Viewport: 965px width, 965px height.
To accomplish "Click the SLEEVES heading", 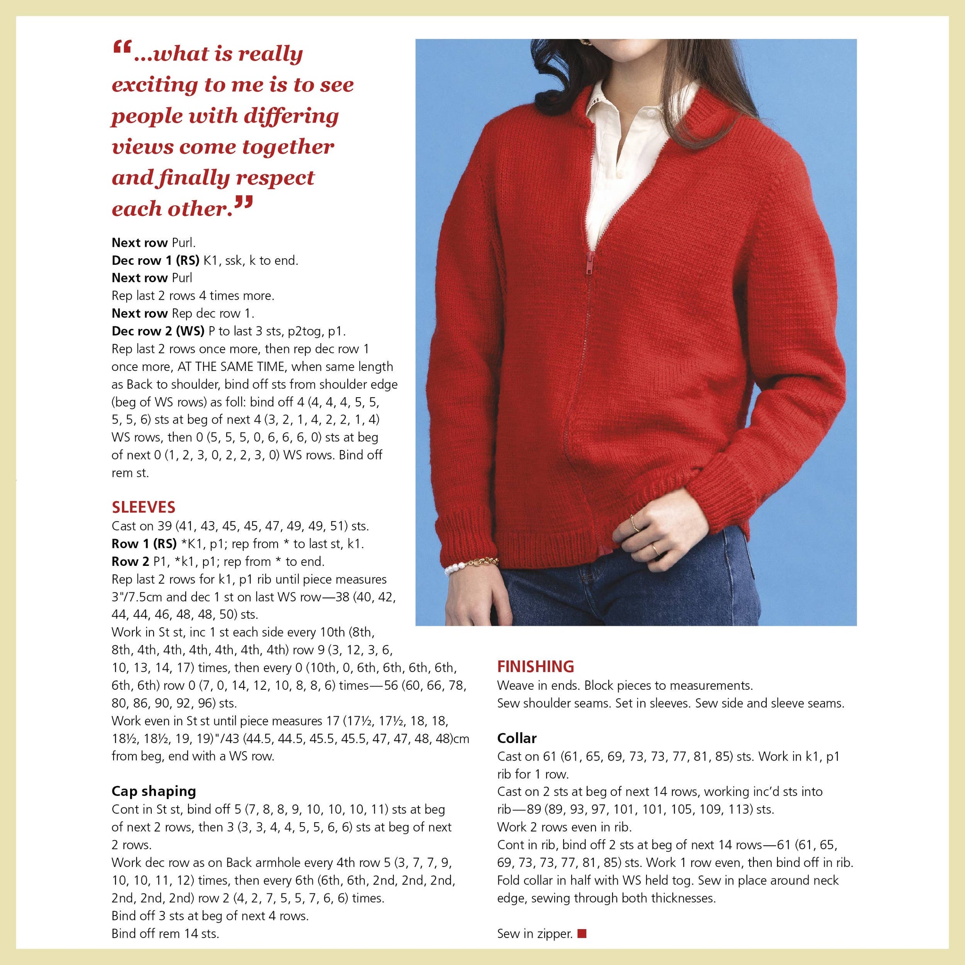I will tap(143, 507).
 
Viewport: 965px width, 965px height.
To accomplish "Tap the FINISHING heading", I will tap(535, 667).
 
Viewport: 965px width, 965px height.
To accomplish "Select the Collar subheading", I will tap(516, 738).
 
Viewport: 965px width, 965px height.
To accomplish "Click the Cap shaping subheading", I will tap(153, 791).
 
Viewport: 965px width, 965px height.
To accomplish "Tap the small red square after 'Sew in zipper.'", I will tap(581, 933).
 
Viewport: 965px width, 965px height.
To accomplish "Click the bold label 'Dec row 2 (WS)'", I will tap(158, 331).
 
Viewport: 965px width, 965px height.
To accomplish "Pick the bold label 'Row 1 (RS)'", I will tap(144, 544).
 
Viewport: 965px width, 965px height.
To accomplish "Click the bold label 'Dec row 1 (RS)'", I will tap(155, 260).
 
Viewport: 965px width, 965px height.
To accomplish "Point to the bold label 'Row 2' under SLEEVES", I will tap(130, 561).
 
